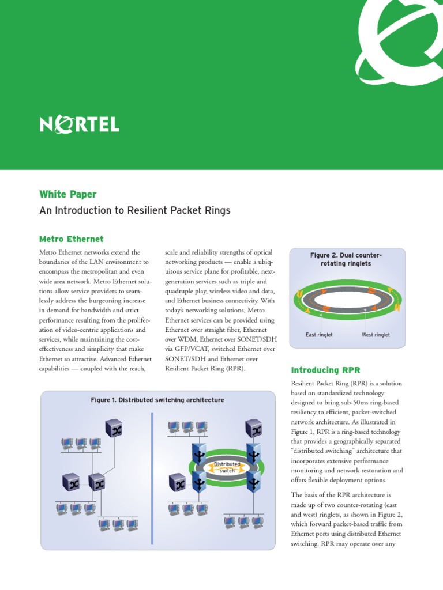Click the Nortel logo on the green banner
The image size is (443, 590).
click(x=79, y=124)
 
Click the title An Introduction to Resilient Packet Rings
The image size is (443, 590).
click(x=134, y=210)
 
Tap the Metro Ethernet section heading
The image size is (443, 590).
click(x=71, y=239)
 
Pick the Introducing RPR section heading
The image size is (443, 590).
click(x=325, y=369)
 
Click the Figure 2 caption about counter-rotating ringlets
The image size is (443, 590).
click(x=346, y=259)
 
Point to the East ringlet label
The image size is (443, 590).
click(x=319, y=335)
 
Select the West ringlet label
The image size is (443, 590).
click(x=376, y=335)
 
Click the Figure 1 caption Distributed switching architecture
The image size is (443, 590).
click(x=157, y=400)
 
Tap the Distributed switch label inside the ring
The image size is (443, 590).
click(x=227, y=467)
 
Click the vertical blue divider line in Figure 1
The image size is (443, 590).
click(x=152, y=478)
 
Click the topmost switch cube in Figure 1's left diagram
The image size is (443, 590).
click(x=113, y=428)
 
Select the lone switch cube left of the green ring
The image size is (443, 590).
click(x=178, y=482)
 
